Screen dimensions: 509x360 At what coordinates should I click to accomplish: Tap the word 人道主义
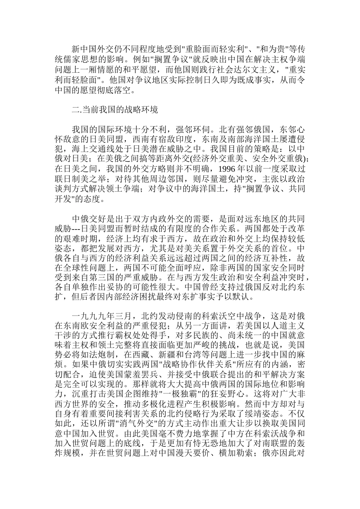288,326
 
